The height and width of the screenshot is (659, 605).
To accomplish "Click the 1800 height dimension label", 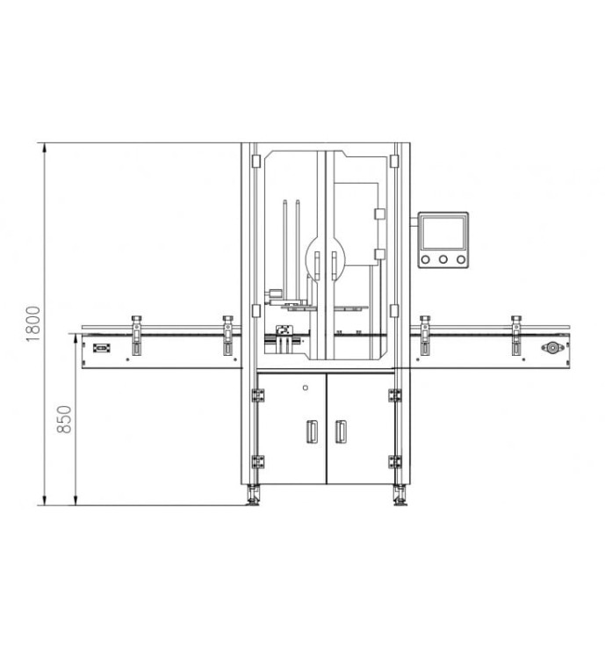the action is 33,323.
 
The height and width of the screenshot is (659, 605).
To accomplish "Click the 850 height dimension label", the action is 64,419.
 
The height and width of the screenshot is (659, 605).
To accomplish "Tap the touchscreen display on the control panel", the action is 443,233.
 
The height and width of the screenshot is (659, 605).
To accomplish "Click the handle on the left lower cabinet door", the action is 312,431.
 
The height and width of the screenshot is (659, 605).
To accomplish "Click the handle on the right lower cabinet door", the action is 341,431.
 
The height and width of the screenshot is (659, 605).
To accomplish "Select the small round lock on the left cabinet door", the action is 306,387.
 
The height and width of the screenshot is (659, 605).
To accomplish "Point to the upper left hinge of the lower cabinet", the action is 258,395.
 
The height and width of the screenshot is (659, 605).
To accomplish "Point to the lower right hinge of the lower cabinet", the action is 394,461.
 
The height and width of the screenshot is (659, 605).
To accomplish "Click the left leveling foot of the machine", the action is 254,495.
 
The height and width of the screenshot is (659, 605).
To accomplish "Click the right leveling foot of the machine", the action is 400,495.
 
